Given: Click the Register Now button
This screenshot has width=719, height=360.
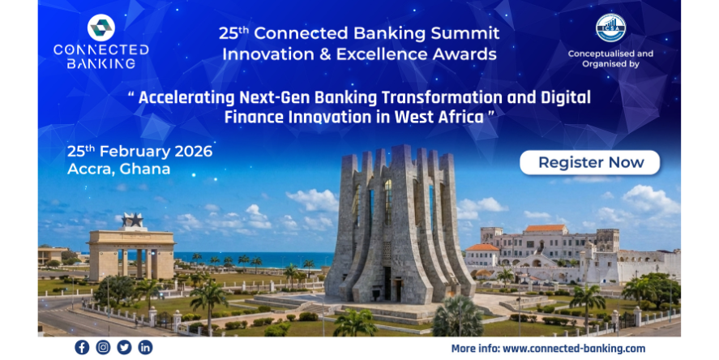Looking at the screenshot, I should click(x=589, y=162).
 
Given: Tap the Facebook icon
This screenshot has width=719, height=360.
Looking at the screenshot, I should click(x=82, y=347).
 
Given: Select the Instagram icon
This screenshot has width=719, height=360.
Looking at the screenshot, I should click(x=103, y=347).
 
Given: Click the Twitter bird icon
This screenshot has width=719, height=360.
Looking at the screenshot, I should click(x=124, y=347).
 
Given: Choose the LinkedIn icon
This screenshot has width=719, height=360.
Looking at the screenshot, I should click(x=145, y=347).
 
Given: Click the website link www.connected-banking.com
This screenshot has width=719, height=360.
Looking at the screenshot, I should click(x=574, y=348).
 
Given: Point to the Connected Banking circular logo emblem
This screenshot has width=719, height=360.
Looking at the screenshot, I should click(x=101, y=28).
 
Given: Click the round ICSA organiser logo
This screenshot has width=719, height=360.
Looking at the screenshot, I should click(x=610, y=28).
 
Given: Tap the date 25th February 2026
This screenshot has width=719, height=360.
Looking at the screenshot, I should click(x=140, y=151).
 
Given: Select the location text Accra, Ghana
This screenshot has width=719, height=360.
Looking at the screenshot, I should click(x=119, y=169).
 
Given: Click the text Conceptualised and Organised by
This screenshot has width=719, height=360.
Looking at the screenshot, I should click(x=610, y=58).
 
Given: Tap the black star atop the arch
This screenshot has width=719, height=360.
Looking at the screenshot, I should click(x=132, y=220).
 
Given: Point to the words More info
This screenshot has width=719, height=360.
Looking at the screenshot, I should click(x=475, y=348).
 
